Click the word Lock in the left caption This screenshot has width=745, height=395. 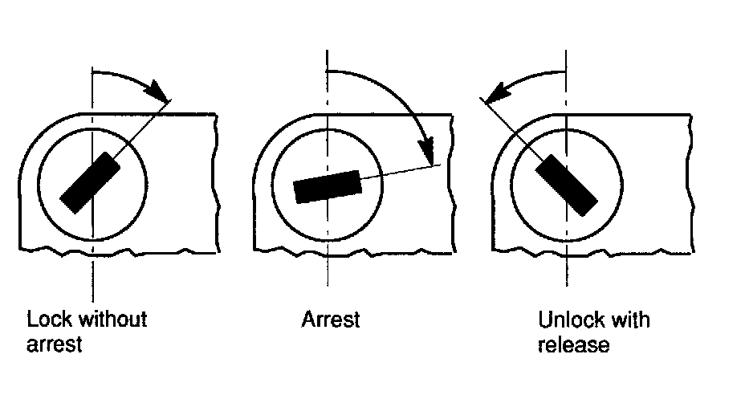tap(47, 320)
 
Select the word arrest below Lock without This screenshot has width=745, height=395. tap(55, 345)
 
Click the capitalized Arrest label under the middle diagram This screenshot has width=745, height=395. tap(331, 320)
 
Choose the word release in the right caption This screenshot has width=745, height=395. tap(574, 345)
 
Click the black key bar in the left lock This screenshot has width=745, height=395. tap(91, 182)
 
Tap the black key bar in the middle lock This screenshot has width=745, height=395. tap(327, 186)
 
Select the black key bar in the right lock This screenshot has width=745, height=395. tap(566, 181)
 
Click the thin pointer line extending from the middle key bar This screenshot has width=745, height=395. tap(397, 172)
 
